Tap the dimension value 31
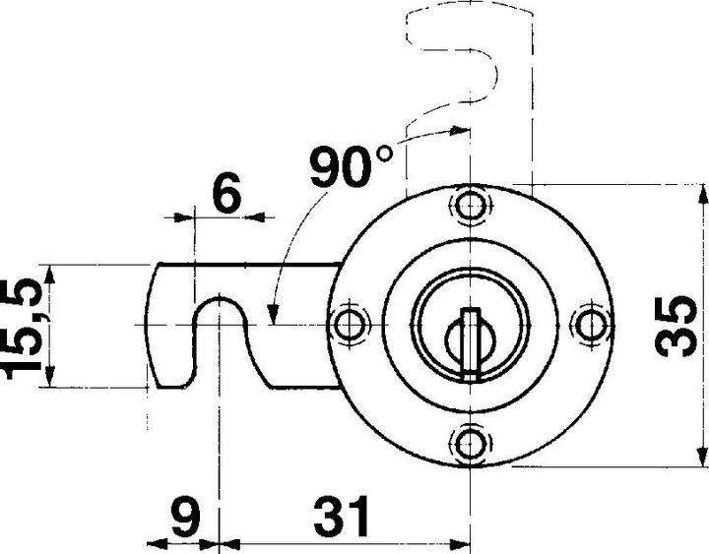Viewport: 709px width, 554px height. pyautogui.click(x=340, y=516)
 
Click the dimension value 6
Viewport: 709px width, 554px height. pyautogui.click(x=226, y=195)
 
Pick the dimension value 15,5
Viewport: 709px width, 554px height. pyautogui.click(x=22, y=327)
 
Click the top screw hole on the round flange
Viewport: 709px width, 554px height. pyautogui.click(x=472, y=205)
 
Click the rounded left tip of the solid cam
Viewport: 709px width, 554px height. pyautogui.click(x=153, y=325)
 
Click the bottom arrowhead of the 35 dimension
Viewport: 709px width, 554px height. pyautogui.click(x=702, y=455)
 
